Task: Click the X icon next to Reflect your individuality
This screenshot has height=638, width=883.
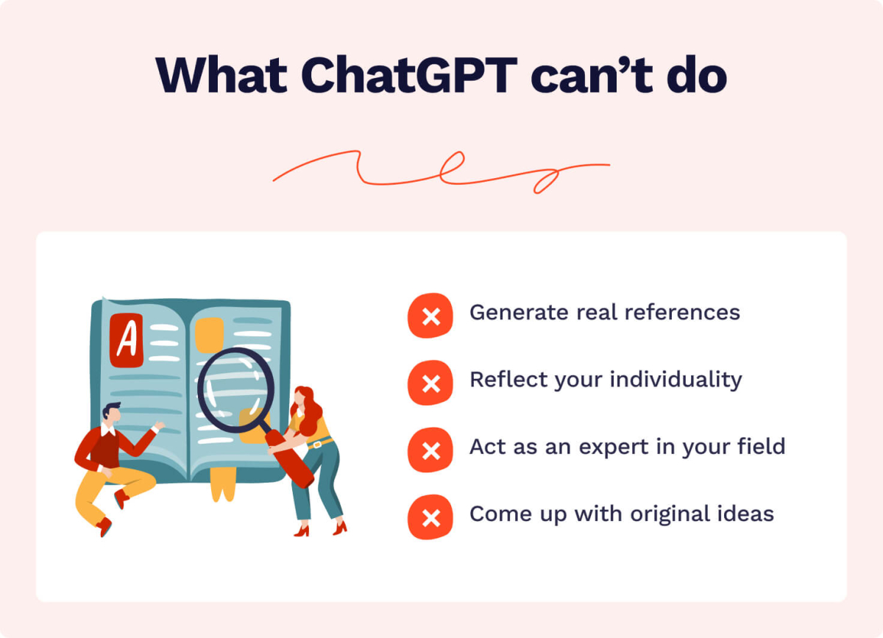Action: tap(430, 383)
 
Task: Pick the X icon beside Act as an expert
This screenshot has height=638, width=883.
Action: tap(430, 450)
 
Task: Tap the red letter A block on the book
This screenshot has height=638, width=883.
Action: tap(127, 340)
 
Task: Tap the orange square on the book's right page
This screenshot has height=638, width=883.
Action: tap(210, 333)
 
